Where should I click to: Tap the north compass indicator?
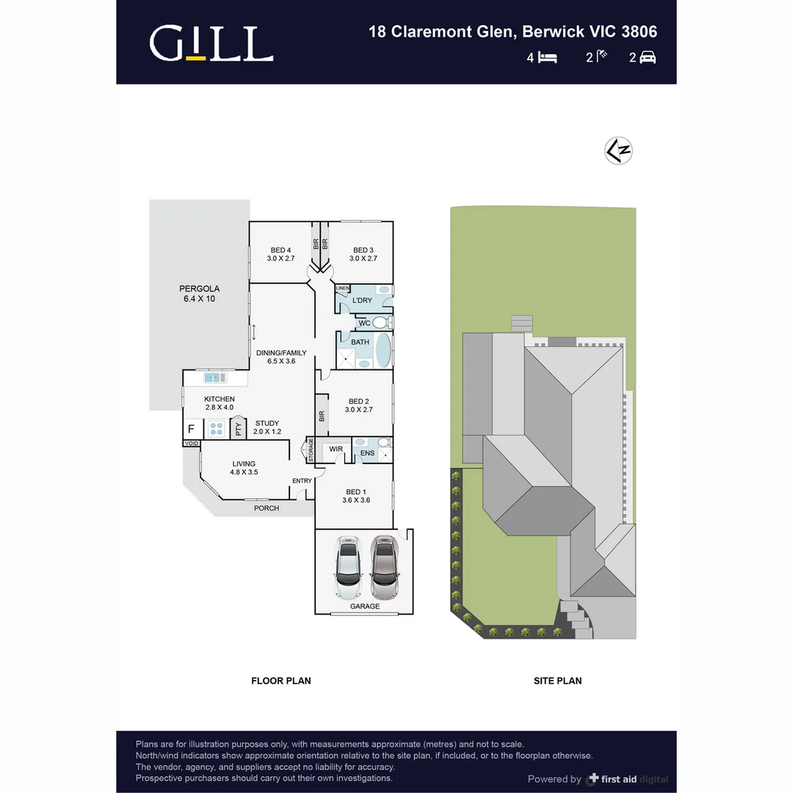[618, 151]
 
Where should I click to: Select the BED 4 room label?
[280, 254]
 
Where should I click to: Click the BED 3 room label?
[363, 254]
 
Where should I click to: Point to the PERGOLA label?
[200, 294]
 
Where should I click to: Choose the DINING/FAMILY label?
[281, 357]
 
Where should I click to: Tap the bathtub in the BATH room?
[383, 351]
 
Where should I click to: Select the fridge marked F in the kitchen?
[191, 428]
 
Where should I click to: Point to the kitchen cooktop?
[217, 428]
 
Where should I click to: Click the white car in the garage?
[347, 567]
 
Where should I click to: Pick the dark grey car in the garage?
[383, 567]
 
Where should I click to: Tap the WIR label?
[336, 449]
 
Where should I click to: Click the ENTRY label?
[302, 481]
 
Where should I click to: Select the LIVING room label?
[244, 468]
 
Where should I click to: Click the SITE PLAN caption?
[557, 681]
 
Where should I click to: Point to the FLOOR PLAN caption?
[280, 681]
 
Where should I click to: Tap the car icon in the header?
[648, 57]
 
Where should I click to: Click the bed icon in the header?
[546, 57]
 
